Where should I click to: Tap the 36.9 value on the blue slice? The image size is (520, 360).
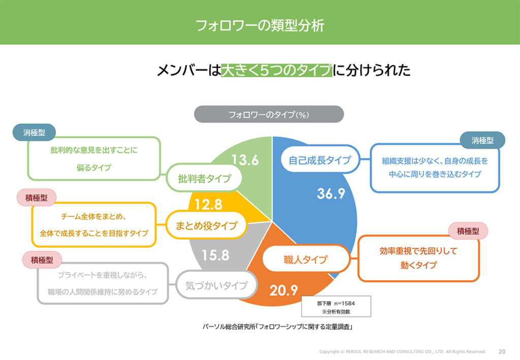point(331,193)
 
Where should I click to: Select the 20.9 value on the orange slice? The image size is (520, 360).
point(283,290)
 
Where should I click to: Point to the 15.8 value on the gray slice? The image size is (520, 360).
point(215,255)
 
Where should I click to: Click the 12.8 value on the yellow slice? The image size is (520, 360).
point(209,205)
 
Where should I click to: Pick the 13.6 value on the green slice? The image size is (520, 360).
point(245,160)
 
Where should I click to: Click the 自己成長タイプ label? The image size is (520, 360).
point(320,160)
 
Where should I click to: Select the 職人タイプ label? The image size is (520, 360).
point(305,260)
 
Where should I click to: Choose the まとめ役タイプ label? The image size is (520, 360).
point(207,225)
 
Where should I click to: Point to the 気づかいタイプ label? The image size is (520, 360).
point(216,285)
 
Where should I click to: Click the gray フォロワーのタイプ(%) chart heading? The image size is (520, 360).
point(269,114)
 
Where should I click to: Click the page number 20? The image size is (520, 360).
point(502,351)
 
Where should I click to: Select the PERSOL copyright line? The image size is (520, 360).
point(403,351)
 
